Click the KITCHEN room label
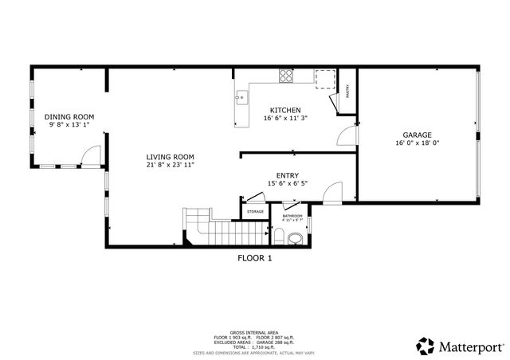(284, 110)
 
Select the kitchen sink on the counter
(241, 100)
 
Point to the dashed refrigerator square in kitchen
(325, 78)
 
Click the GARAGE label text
(418, 135)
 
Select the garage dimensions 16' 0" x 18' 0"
(418, 143)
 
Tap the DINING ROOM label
(69, 116)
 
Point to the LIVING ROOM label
(170, 156)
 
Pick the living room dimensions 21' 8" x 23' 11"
(170, 165)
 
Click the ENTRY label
(287, 175)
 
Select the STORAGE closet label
(255, 211)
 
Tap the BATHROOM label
(292, 215)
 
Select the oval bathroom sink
(296, 237)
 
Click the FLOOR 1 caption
(254, 258)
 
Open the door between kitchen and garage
(347, 135)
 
